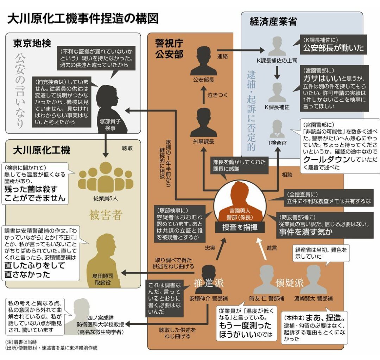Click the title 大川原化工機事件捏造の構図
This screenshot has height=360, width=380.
click(83, 19)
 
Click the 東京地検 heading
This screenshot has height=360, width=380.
click(32, 43)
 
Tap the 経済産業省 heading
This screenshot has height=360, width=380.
click(273, 21)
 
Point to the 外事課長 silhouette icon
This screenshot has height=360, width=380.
click(204, 122)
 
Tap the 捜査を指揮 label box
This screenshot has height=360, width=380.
click(240, 227)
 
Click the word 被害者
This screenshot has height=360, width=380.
click(106, 215)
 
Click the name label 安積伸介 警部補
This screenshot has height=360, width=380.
click(208, 298)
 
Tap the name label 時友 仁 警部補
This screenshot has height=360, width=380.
click(267, 298)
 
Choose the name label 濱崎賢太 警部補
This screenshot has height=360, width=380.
click(313, 298)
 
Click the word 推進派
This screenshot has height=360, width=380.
click(208, 283)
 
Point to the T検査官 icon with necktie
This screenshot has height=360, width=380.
click(277, 129)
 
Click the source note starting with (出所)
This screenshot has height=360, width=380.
click(51, 348)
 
